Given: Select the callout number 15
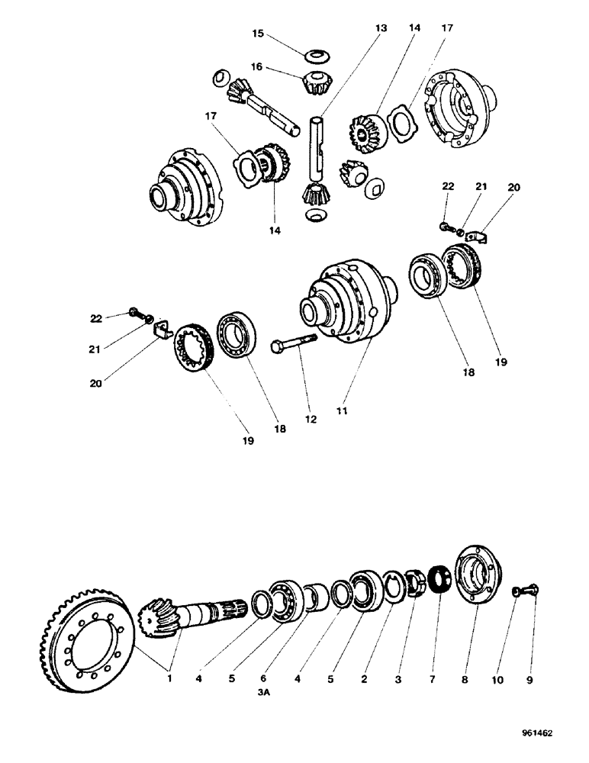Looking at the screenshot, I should (258, 34).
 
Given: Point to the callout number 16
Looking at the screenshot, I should (258, 66).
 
